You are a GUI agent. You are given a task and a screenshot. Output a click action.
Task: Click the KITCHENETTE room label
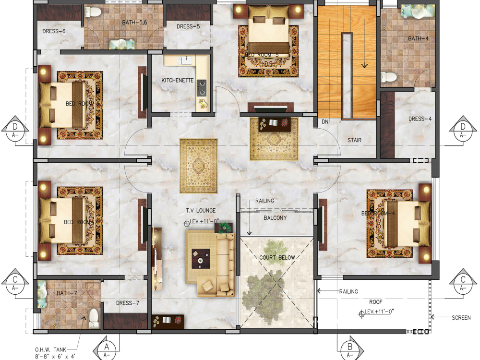click(177, 80)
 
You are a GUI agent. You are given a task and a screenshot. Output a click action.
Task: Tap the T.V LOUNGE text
click(201, 211)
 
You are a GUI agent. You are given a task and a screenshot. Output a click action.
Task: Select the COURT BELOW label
click(277, 257)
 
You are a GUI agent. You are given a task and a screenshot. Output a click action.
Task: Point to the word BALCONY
click(275, 218)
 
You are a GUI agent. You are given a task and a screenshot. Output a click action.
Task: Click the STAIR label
click(354, 140)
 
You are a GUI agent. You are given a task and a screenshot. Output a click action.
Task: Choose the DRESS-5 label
click(188, 26)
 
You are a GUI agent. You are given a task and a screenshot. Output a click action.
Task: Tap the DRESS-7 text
click(128, 303)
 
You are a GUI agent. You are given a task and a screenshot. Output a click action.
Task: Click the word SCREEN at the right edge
click(461, 318)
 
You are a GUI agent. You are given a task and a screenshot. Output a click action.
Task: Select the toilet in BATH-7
click(94, 317)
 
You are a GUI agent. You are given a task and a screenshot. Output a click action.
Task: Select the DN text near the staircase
click(325, 122)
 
